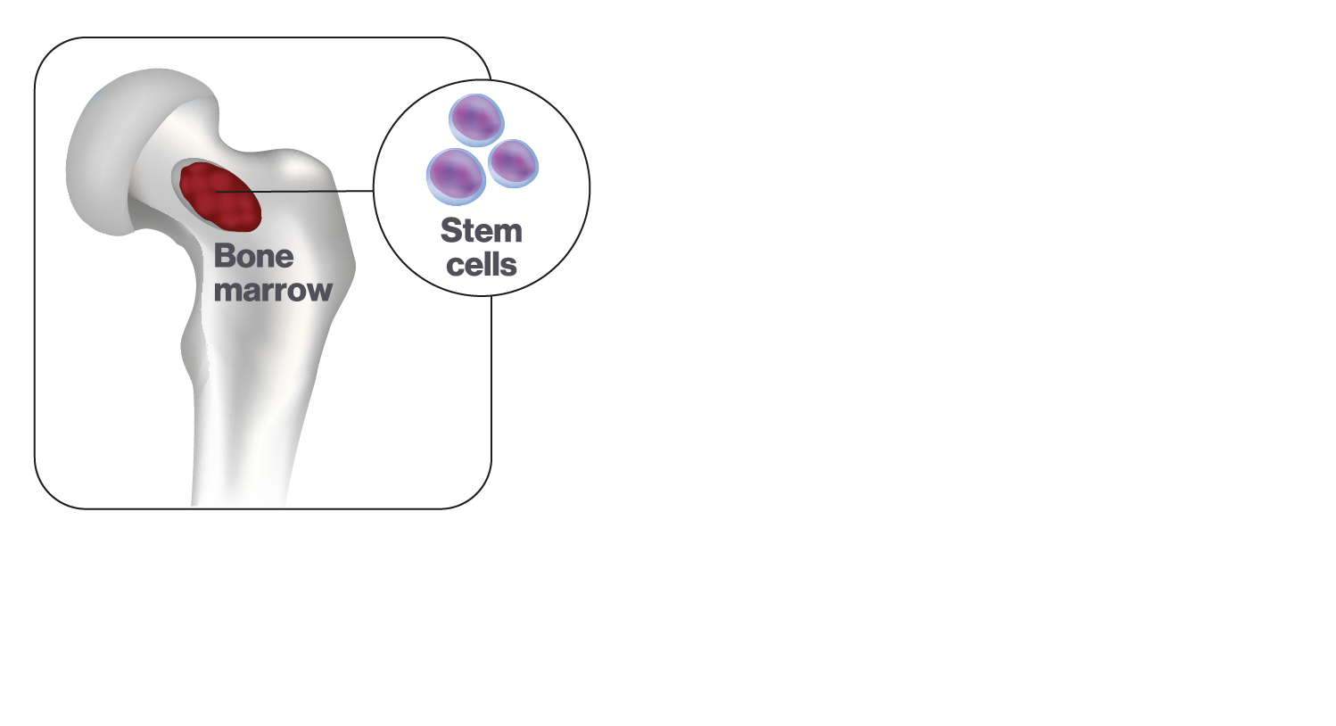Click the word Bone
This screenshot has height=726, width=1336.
(x=253, y=256)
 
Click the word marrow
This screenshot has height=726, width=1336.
(x=273, y=291)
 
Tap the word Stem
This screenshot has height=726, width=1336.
(x=482, y=231)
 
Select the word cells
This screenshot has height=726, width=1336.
(x=482, y=264)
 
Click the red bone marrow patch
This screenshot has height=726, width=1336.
(x=220, y=196)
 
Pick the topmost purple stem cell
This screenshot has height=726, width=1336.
(x=476, y=120)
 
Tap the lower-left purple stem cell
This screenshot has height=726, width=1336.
(x=457, y=177)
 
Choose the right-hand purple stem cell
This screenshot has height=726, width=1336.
(x=513, y=163)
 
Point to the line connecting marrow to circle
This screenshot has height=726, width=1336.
(x=294, y=192)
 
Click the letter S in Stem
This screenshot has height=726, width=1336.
(x=451, y=231)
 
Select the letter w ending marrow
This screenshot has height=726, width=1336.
(x=318, y=292)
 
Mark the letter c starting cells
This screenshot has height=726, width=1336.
(x=455, y=267)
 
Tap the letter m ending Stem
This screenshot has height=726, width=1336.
(x=507, y=234)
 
